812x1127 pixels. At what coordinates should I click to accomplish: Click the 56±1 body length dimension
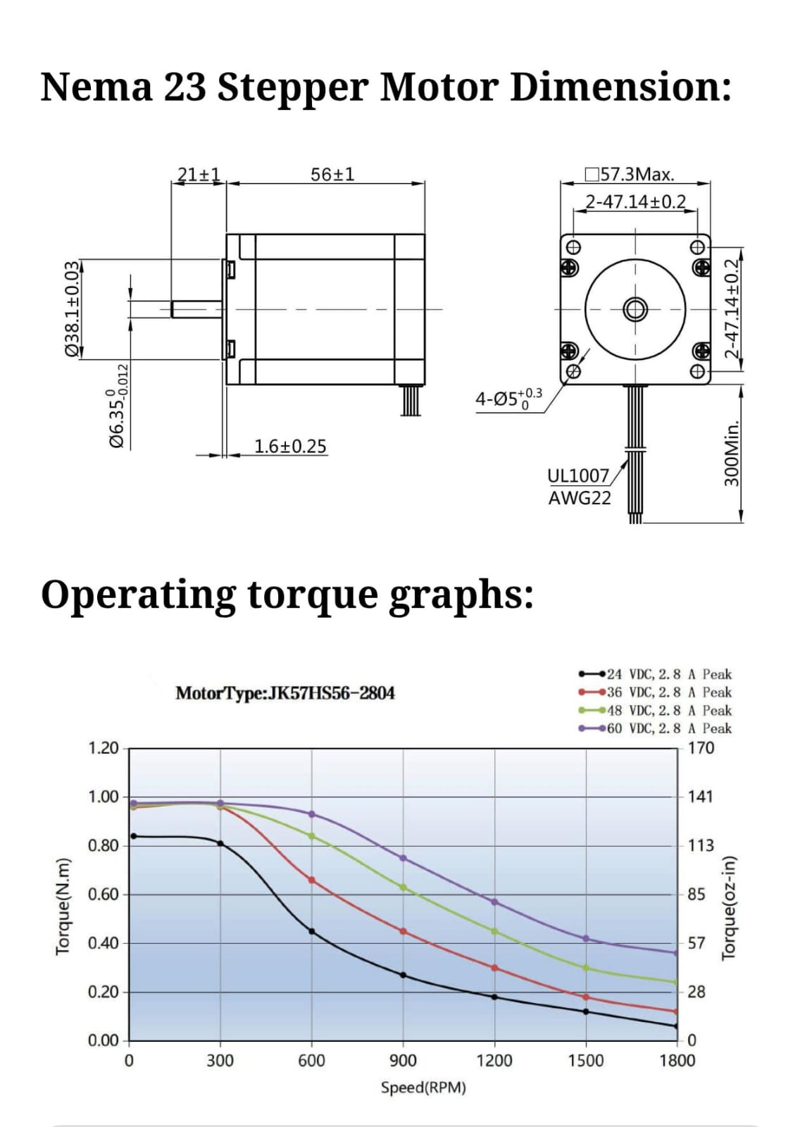pyautogui.click(x=332, y=175)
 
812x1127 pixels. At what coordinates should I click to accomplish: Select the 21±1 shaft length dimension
pyautogui.click(x=199, y=175)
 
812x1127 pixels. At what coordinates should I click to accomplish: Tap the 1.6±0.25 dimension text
pyautogui.click(x=290, y=447)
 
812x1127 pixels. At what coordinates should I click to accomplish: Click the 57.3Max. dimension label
pyautogui.click(x=630, y=175)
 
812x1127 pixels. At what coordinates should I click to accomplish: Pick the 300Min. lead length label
pyautogui.click(x=732, y=453)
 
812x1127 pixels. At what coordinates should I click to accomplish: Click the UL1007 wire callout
pyautogui.click(x=578, y=475)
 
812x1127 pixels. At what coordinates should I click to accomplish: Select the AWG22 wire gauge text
pyautogui.click(x=580, y=498)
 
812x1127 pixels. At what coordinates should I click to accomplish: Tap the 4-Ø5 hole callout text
pyautogui.click(x=509, y=399)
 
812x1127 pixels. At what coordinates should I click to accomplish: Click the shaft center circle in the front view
pyautogui.click(x=635, y=309)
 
